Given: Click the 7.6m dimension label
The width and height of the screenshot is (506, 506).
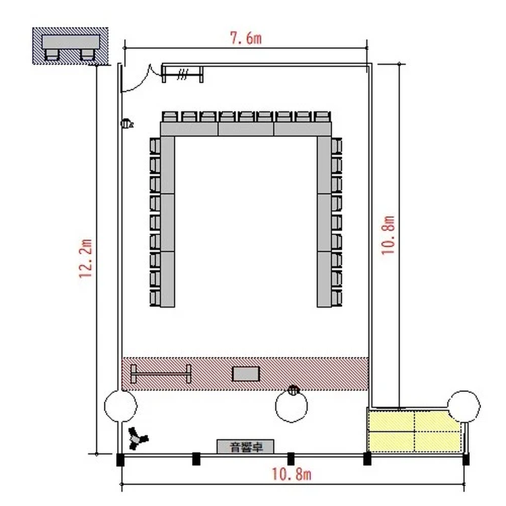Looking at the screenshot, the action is (246, 38).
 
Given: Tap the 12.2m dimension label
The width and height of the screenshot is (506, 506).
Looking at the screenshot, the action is (86, 258).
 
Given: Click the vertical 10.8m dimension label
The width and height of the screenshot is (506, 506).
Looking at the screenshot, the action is (388, 235).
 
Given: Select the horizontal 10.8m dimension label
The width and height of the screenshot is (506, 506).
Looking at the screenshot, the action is (291, 474).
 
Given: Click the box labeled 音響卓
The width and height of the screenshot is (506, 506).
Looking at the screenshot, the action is (246, 447).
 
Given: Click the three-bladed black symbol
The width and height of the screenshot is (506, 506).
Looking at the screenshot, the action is (138, 439).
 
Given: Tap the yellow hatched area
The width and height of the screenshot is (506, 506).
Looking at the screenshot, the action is (415, 430).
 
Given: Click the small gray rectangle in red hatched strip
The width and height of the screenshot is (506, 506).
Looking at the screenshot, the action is (246, 374).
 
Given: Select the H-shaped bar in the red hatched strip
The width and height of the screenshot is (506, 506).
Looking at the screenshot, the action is (161, 374).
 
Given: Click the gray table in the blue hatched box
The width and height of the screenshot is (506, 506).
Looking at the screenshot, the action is (71, 42).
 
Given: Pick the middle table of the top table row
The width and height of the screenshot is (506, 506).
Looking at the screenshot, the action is (246, 129).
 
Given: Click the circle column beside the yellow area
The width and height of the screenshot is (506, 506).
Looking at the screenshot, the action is (463, 407).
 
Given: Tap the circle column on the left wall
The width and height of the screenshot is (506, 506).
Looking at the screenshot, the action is (121, 406).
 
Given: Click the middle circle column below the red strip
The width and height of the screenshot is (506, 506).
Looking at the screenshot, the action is (291, 407).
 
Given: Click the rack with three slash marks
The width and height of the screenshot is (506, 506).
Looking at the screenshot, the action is (182, 74).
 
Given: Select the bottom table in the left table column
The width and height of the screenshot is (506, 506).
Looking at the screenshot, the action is (167, 279).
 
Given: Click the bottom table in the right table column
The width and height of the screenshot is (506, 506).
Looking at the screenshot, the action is (324, 279).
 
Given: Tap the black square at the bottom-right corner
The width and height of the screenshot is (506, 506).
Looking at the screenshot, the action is (466, 459).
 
